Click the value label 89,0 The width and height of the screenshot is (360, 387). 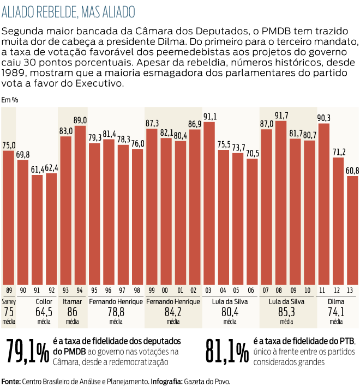point(80,120)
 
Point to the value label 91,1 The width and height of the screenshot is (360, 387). point(209,116)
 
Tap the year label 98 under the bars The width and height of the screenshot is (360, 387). point(137,289)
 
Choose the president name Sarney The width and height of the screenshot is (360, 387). point(9,301)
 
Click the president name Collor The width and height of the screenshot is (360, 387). point(44,301)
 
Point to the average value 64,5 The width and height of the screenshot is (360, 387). point(44,312)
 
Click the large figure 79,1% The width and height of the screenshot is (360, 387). point(27,352)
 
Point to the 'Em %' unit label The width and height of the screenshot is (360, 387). point(10,100)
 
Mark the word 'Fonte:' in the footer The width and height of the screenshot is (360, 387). point(10,381)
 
